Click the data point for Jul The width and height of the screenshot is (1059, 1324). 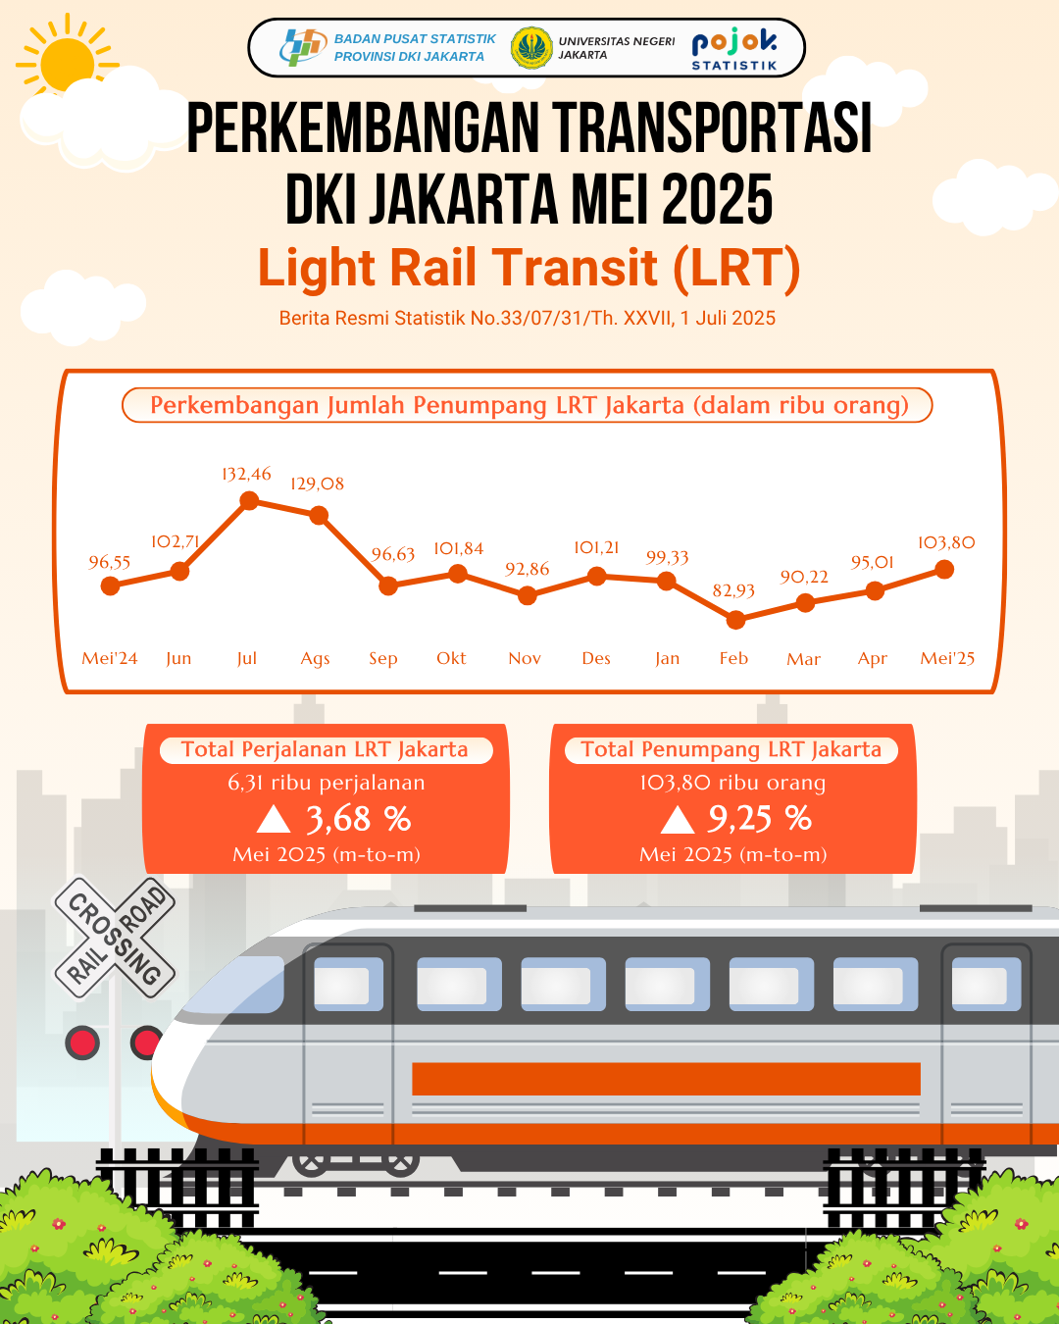click(x=249, y=501)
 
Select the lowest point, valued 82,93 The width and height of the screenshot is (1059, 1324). click(x=735, y=620)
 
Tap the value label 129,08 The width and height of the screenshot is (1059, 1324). click(x=317, y=484)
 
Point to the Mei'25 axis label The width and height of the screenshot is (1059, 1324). click(x=947, y=658)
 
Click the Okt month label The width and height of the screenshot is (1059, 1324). click(x=451, y=658)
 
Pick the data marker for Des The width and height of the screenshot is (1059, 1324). click(x=596, y=577)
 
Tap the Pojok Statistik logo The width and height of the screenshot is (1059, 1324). click(x=734, y=48)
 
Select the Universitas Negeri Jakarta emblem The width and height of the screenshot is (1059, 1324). click(x=531, y=47)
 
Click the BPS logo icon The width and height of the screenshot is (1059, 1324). click(x=302, y=47)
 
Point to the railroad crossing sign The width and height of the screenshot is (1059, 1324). click(x=115, y=937)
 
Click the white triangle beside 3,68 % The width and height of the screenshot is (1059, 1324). click(x=274, y=819)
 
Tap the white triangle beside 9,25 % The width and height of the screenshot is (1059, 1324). click(x=678, y=819)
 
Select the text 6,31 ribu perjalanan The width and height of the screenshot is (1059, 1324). click(x=327, y=783)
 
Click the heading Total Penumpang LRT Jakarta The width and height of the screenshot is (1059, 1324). click(x=731, y=750)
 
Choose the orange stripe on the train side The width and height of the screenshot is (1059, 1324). click(x=666, y=1079)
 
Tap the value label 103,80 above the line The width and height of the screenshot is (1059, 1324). click(x=946, y=542)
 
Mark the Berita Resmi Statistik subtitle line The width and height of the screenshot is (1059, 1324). click(x=528, y=318)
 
